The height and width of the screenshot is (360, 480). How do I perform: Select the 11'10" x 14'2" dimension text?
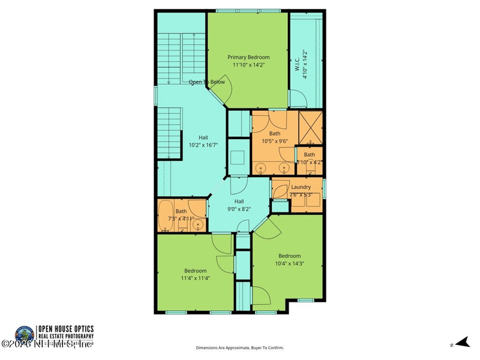pyautogui.click(x=248, y=65)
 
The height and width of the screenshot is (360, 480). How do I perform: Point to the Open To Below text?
pyautogui.click(x=206, y=82)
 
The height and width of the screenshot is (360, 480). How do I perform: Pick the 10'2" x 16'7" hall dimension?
pyautogui.click(x=203, y=145)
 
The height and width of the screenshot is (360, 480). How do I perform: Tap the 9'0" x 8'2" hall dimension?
pyautogui.click(x=239, y=209)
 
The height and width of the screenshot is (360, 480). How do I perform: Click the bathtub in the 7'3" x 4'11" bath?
pyautogui.click(x=166, y=215)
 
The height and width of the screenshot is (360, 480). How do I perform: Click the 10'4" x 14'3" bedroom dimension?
pyautogui.click(x=289, y=263)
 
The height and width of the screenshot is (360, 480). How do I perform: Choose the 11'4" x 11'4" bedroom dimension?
pyautogui.click(x=196, y=278)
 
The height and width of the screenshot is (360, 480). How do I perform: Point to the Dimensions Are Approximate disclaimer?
pyautogui.click(x=240, y=347)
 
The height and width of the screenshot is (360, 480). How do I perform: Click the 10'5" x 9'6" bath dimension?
pyautogui.click(x=275, y=142)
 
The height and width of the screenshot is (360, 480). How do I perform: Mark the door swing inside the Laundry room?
pyautogui.click(x=280, y=190)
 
